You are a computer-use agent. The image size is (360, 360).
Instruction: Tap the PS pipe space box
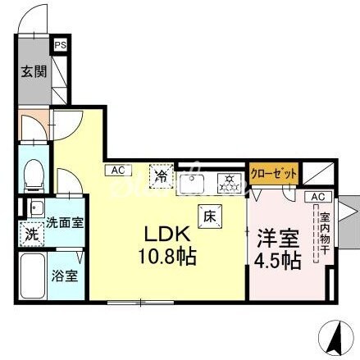tap(60, 47)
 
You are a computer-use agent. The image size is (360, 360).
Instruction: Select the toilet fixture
tap(35, 173)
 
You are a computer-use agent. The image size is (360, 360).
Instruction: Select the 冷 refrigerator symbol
tap(162, 175)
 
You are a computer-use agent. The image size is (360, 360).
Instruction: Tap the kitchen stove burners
tap(228, 180)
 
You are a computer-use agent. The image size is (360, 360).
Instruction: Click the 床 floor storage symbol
tap(209, 216)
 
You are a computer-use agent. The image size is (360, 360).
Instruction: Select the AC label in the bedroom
tap(318, 197)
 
